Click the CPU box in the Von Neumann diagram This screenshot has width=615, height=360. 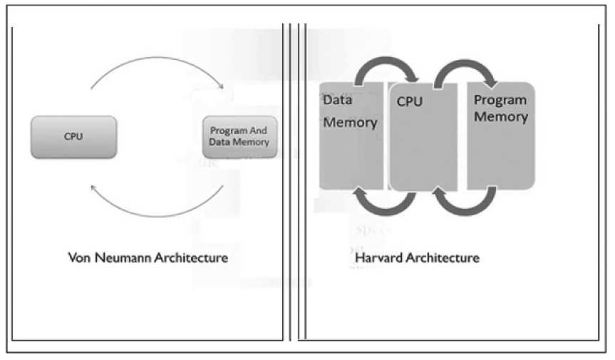(x=73, y=136)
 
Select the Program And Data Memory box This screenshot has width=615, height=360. (x=239, y=136)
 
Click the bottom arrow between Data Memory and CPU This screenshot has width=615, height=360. (x=388, y=203)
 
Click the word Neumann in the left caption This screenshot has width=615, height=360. (x=118, y=257)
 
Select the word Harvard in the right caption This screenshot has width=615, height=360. (x=376, y=257)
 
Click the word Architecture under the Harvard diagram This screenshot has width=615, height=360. (x=442, y=257)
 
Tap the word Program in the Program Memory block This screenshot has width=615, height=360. (x=500, y=101)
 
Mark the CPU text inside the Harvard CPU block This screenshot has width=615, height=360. (x=410, y=102)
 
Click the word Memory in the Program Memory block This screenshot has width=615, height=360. (x=500, y=117)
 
